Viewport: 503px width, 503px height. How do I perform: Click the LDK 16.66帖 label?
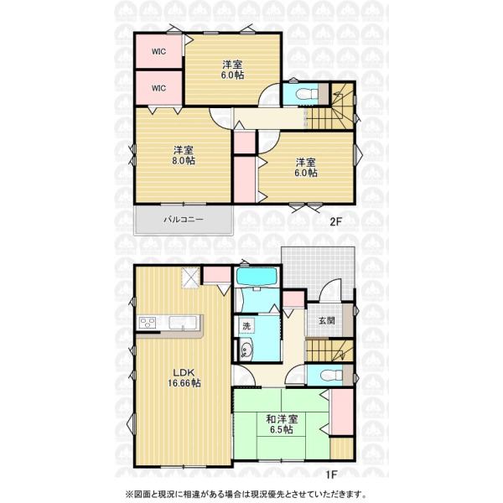(184, 378)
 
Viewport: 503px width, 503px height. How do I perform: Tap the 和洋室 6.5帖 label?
(282, 424)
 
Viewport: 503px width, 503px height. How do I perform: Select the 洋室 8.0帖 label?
(183, 155)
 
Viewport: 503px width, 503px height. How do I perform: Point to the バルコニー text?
(184, 220)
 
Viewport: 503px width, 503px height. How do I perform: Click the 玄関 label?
(327, 320)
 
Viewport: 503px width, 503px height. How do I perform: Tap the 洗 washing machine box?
(246, 326)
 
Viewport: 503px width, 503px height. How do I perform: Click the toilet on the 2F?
(306, 95)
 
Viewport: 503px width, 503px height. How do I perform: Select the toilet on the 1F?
(331, 376)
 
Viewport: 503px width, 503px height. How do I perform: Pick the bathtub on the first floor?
(257, 277)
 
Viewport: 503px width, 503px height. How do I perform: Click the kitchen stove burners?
(148, 323)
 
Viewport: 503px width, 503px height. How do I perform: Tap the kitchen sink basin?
(183, 323)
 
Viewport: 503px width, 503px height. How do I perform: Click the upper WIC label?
(158, 51)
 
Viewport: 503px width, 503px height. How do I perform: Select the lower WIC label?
(158, 88)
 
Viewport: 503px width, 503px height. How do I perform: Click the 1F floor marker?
(331, 474)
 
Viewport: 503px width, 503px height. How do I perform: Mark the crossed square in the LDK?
(191, 277)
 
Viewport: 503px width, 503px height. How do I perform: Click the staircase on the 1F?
(329, 350)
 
